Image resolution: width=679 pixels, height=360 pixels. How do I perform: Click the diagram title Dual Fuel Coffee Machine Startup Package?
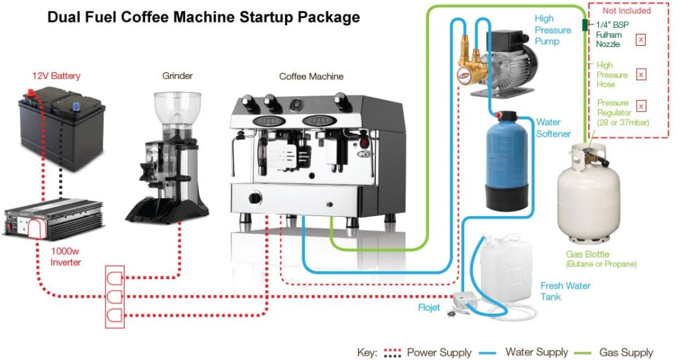(x=203, y=17)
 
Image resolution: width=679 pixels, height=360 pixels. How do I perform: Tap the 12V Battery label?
(x=56, y=76)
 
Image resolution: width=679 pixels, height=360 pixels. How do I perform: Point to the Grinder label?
(x=178, y=76)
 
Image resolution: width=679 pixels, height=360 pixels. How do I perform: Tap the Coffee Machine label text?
(x=311, y=76)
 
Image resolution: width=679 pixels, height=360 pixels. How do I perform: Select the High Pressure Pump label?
(x=552, y=30)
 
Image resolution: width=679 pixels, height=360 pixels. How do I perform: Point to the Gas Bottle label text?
(x=587, y=255)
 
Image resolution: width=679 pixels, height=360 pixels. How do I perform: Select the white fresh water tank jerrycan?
(x=506, y=265)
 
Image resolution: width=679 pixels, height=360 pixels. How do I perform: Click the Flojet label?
(x=428, y=308)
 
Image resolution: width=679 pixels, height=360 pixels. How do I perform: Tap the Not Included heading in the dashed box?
(x=626, y=11)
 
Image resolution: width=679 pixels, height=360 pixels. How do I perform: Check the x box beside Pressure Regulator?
(x=641, y=106)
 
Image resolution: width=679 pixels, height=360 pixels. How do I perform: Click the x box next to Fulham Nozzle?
(x=641, y=40)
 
